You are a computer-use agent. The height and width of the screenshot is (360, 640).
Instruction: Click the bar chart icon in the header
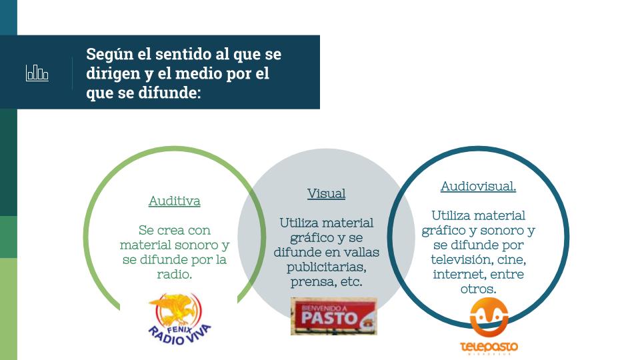[37, 73]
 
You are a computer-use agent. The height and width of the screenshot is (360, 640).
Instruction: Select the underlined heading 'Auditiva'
[174, 201]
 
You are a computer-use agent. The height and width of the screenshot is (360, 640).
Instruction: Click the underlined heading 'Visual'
[326, 193]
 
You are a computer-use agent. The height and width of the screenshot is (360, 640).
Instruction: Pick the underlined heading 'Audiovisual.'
[478, 186]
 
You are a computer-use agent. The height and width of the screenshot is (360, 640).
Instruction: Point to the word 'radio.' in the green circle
[174, 274]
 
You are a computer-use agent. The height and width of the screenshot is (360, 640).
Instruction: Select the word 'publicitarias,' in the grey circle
[326, 267]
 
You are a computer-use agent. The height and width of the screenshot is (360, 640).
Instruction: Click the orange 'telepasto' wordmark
[489, 347]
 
